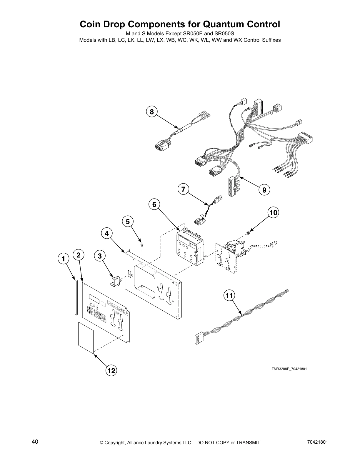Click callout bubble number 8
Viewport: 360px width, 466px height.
point(152,112)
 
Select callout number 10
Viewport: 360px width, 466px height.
point(273,212)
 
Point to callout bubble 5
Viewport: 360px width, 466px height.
point(128,222)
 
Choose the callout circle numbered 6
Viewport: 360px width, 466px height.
point(154,204)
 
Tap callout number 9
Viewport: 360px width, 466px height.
point(264,190)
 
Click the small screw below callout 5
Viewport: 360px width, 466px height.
point(142,244)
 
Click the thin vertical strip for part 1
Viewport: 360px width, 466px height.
point(76,297)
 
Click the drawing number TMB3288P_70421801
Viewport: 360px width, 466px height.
point(289,369)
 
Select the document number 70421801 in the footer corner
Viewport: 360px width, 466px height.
point(316,442)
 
